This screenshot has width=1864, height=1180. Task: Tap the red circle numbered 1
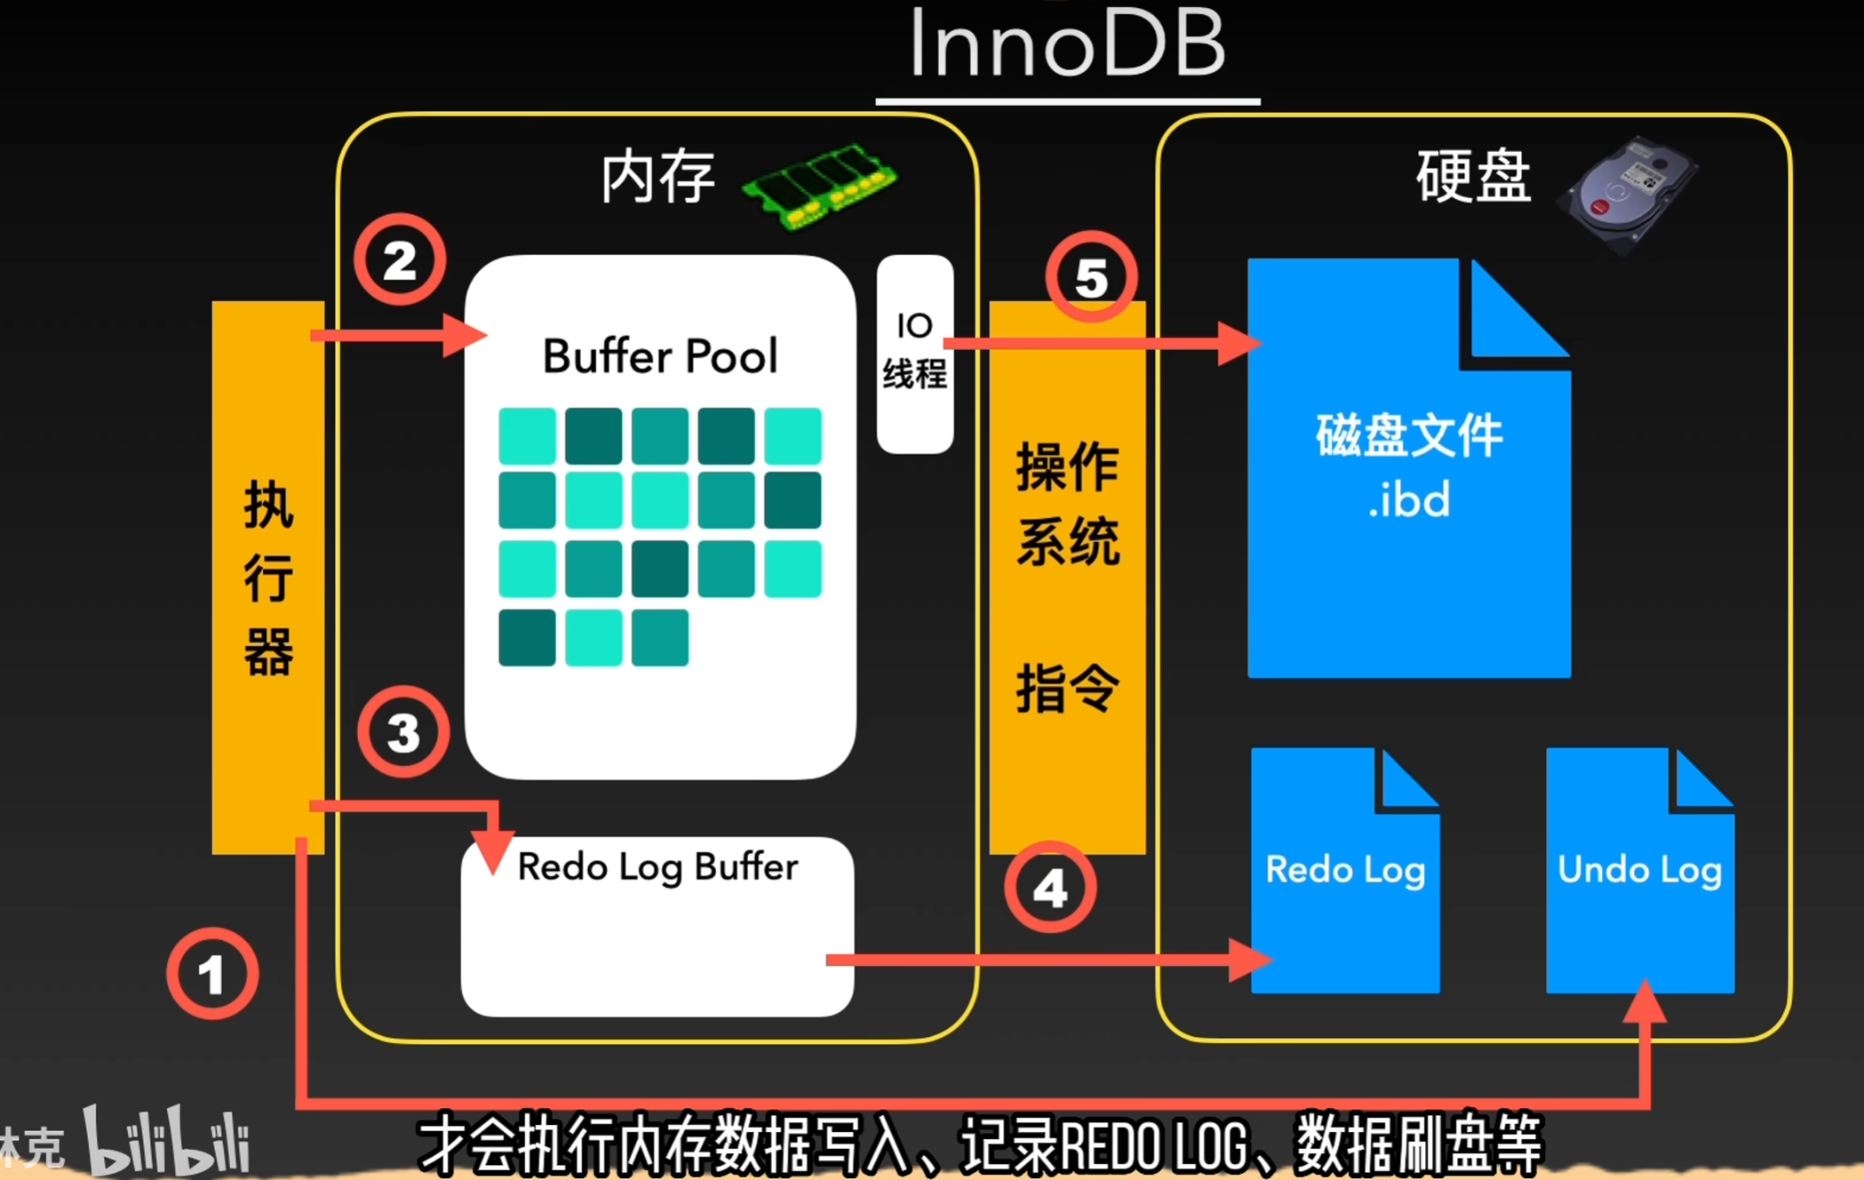[x=212, y=974]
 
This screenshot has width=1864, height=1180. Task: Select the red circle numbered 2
[x=400, y=260]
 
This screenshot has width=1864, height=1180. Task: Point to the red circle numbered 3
[x=403, y=732]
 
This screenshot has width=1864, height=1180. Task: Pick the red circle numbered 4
[x=1050, y=887]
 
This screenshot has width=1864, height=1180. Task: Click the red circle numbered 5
[x=1091, y=277]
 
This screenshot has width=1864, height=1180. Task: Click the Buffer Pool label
[x=660, y=356]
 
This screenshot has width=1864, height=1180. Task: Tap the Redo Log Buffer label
[x=657, y=866]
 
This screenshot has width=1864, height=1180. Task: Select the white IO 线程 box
[x=914, y=353]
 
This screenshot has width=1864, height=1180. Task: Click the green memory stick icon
[x=819, y=185]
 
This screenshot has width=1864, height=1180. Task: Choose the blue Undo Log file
[x=1639, y=871]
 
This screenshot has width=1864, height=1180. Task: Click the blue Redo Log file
[x=1344, y=871]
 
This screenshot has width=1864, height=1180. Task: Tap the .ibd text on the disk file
[x=1408, y=499]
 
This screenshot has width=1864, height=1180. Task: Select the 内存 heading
[x=657, y=177]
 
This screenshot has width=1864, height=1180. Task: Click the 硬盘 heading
[x=1472, y=177]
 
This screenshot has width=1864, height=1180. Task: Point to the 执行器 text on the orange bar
[x=268, y=578]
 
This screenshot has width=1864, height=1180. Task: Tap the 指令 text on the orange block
[x=1067, y=688]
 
